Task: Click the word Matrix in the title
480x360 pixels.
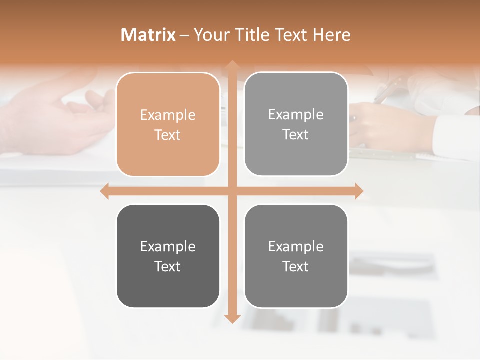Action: pos(148,35)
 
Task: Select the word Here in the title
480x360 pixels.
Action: pos(331,35)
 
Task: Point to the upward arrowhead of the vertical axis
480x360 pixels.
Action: pos(232,65)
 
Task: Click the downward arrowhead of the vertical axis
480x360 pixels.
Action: pos(232,318)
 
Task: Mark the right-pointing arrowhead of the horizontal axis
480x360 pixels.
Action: pos(358,191)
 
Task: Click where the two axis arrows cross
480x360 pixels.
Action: pos(232,191)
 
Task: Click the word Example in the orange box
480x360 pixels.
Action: pos(168,115)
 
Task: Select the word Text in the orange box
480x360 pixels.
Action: pos(168,135)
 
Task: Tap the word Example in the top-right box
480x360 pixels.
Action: pos(296,115)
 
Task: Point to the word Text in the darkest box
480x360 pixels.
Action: pos(168,266)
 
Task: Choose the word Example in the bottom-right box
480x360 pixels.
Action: pos(296,246)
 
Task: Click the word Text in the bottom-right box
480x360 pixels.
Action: pos(296,266)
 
